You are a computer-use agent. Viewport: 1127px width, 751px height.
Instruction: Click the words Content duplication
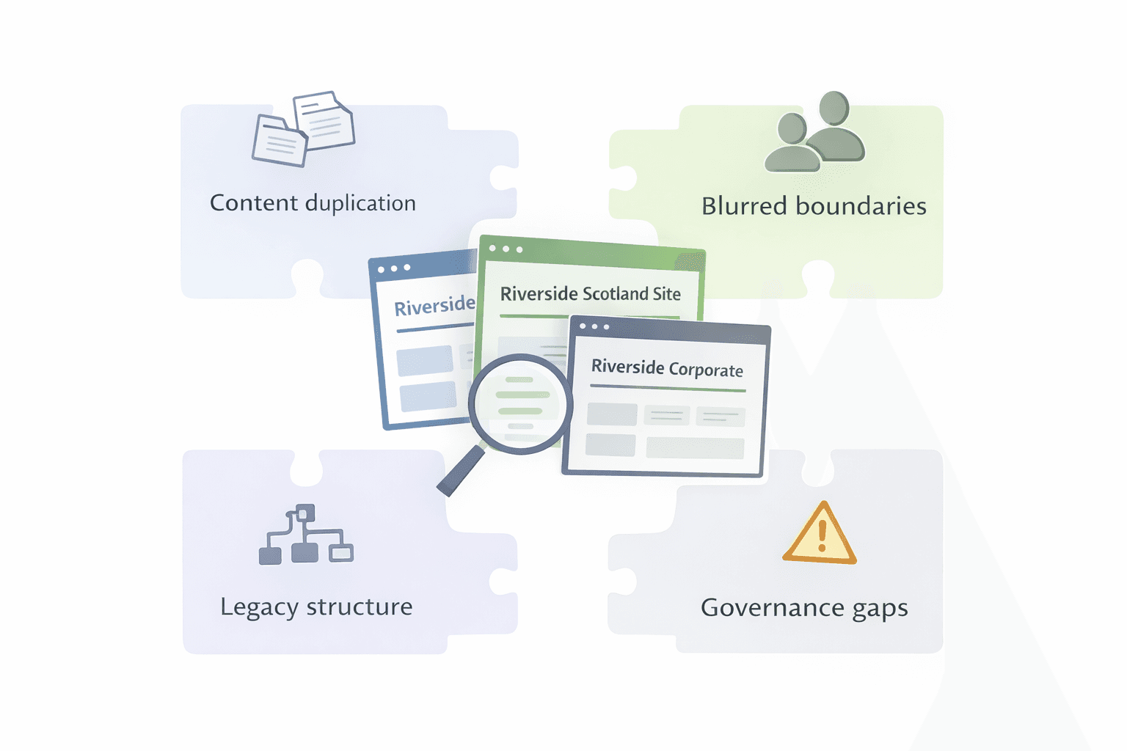(313, 203)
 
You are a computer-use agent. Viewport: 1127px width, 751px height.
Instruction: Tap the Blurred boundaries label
(814, 206)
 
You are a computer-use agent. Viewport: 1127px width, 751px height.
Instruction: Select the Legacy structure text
(316, 607)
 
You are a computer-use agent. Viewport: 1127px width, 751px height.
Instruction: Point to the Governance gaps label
(804, 608)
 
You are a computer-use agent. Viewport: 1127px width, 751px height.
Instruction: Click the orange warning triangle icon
(820, 535)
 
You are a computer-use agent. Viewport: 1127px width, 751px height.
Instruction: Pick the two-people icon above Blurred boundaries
(815, 132)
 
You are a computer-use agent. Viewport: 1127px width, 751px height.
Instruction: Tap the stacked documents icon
(304, 128)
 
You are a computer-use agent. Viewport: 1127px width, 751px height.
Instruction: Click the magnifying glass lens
(520, 403)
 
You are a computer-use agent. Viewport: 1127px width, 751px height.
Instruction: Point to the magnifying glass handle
(460, 472)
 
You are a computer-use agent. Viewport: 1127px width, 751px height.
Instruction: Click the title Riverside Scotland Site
(590, 294)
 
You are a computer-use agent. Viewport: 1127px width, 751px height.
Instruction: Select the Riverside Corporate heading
(667, 368)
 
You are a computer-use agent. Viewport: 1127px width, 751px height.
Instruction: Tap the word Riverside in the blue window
(434, 305)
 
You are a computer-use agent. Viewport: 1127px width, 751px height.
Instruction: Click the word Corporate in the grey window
(706, 370)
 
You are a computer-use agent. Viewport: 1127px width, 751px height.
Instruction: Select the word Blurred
(745, 206)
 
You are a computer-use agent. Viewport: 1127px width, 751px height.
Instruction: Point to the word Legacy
(259, 608)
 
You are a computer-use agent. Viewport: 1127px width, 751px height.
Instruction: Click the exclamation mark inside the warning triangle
(822, 535)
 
